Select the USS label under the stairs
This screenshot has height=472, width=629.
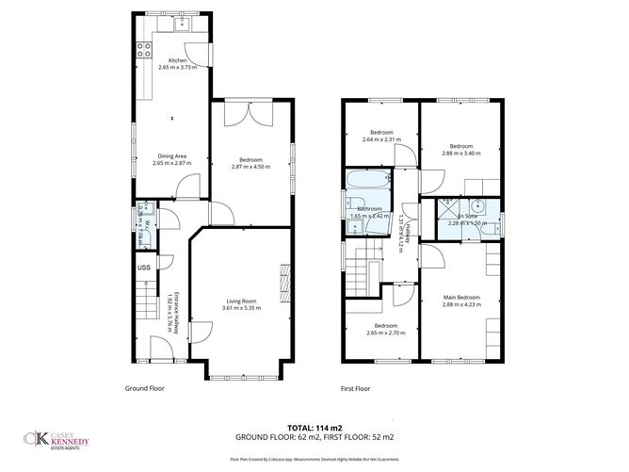point(143,268)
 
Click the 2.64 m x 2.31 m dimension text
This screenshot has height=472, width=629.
point(381,139)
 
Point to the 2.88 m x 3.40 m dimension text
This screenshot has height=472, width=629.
point(460,154)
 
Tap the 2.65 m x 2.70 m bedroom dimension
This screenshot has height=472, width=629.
point(382,333)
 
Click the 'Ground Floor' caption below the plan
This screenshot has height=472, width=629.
point(145,388)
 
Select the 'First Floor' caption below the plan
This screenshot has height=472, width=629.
point(355,388)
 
